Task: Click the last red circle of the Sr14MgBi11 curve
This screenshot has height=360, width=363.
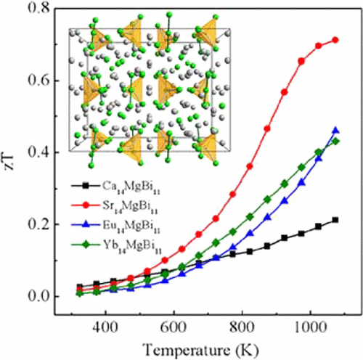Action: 335,41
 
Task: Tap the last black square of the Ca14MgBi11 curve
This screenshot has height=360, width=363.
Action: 335,220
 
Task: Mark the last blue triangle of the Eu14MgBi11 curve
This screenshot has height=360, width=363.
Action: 335,131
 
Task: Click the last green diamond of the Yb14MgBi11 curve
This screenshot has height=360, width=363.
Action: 335,141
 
